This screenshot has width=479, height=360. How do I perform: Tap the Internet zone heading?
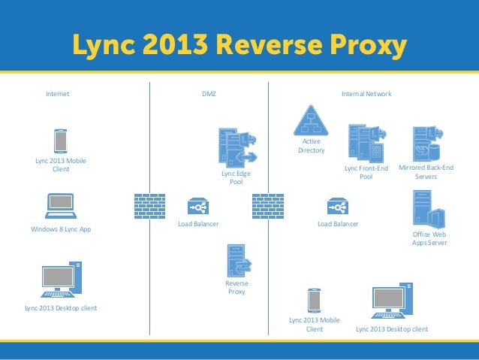tap(58, 94)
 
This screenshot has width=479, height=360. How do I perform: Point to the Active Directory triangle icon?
tap(312, 120)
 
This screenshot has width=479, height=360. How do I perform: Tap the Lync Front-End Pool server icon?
tap(366, 142)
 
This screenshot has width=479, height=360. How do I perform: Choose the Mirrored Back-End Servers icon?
tap(425, 142)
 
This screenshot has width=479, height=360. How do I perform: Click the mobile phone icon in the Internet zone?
tap(60, 141)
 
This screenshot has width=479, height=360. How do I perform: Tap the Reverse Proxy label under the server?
tap(236, 287)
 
